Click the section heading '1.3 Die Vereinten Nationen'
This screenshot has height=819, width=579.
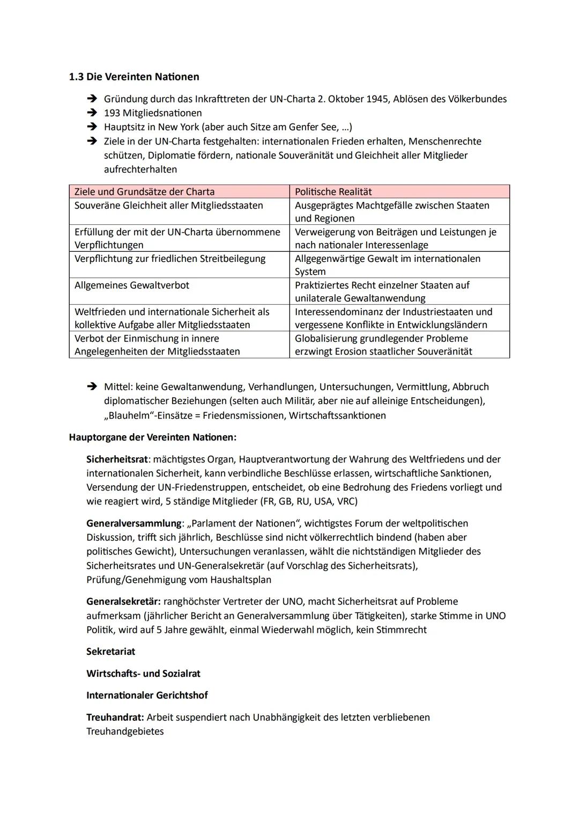tap(134, 77)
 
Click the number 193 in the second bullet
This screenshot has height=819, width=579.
tap(112, 113)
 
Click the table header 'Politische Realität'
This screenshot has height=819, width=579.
tap(333, 192)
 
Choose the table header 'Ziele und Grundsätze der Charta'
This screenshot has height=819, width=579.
tap(144, 192)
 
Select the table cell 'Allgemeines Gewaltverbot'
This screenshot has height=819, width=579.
tap(132, 285)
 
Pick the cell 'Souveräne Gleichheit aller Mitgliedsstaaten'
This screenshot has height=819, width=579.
tap(169, 206)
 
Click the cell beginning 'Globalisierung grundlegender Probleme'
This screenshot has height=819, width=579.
tap(383, 345)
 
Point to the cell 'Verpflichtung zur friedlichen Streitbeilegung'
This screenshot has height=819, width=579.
tap(170, 259)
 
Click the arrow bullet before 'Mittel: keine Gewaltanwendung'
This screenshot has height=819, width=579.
tap(92, 386)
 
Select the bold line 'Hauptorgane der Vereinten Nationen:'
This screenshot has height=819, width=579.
tap(152, 437)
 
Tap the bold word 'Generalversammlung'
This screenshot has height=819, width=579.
tap(134, 523)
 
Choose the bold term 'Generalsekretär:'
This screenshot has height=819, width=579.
tap(123, 602)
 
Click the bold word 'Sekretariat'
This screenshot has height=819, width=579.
tap(110, 652)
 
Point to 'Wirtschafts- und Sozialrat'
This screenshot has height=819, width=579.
tap(143, 674)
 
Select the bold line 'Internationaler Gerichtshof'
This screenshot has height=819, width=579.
tap(147, 696)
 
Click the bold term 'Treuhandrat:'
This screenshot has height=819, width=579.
tap(115, 718)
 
